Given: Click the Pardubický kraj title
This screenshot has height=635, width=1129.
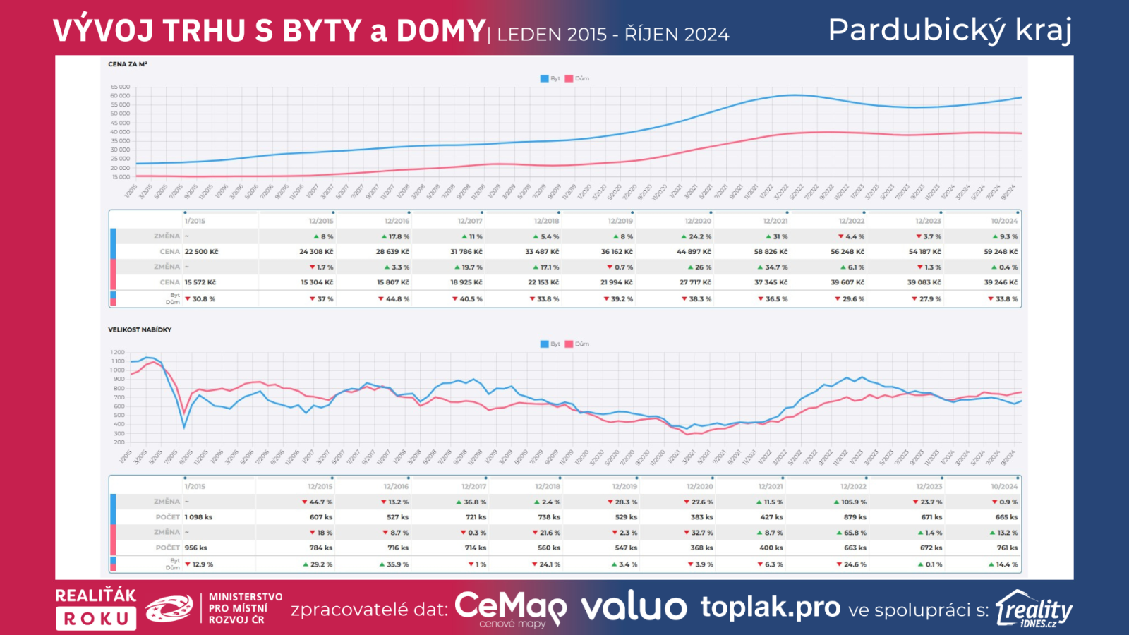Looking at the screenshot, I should (950, 30).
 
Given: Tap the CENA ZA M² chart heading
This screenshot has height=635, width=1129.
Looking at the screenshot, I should (128, 64).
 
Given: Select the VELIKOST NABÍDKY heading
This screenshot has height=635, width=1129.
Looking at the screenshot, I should (140, 329).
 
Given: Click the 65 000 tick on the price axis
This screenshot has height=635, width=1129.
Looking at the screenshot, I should (120, 87).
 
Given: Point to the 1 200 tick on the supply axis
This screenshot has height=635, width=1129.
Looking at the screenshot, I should (117, 352).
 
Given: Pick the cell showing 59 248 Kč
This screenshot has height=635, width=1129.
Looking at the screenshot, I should (1001, 252).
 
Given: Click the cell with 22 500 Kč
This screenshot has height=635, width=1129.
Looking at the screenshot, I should (201, 252).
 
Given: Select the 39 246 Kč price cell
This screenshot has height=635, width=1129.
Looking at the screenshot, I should (1001, 282).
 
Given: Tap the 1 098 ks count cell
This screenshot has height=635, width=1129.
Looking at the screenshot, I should (198, 517).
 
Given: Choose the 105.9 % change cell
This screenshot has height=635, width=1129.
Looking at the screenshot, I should (851, 502).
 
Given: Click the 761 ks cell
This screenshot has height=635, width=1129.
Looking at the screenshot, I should (1007, 548).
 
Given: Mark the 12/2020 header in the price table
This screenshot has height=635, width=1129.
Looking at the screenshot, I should (698, 221).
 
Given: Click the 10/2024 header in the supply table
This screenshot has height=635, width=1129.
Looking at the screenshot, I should (1004, 486).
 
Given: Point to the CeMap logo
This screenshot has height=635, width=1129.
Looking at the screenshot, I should (510, 607).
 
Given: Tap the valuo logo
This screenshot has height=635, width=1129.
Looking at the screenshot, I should (633, 607).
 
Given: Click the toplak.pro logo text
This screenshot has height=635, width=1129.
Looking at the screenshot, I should (770, 607).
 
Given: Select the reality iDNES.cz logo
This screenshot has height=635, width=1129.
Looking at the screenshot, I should (1034, 609).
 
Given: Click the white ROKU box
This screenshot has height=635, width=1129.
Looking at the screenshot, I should (96, 619).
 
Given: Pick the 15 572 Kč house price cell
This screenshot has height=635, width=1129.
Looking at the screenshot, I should (200, 282).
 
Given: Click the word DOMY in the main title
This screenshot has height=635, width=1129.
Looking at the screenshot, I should (440, 31).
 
